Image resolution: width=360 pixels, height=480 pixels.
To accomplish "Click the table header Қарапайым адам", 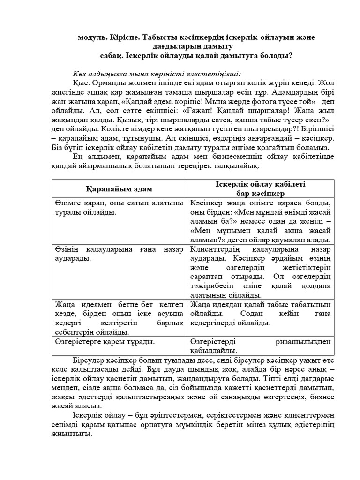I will click(x=119, y=188).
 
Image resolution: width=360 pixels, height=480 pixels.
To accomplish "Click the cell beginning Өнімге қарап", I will click(x=119, y=207).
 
